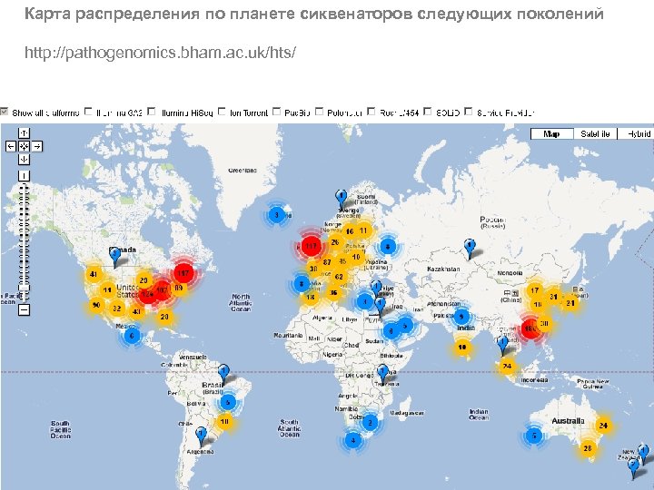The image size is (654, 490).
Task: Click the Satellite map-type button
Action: (x=594, y=133)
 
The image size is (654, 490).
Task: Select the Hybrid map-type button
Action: (x=637, y=133)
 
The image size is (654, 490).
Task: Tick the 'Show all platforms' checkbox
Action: (x=5, y=113)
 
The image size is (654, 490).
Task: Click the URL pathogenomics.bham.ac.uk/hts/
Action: (x=160, y=52)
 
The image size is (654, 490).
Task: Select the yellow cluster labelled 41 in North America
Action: (x=93, y=273)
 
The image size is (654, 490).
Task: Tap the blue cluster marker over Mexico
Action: (x=132, y=336)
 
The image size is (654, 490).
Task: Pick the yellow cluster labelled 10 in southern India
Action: (x=462, y=346)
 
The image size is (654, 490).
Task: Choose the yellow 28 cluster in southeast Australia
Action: (x=588, y=448)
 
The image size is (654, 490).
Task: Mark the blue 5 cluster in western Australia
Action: (x=536, y=436)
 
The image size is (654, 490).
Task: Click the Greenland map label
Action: (x=242, y=171)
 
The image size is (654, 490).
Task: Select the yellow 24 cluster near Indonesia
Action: (x=507, y=366)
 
